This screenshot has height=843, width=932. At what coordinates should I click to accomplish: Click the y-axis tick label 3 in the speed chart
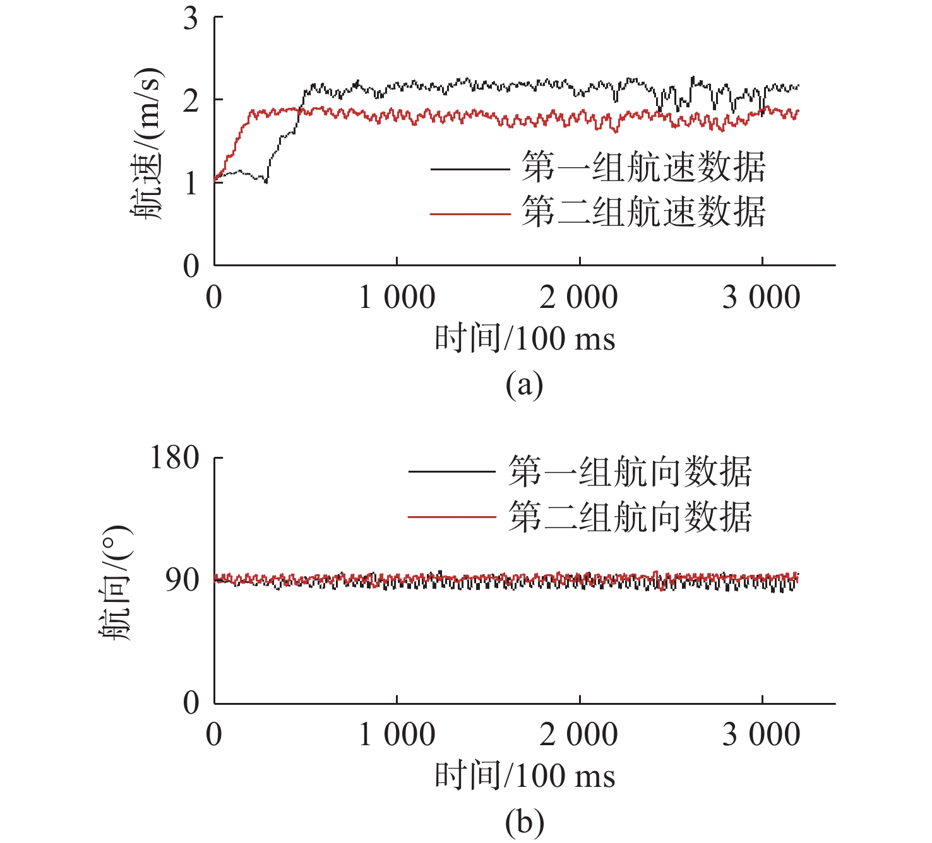pyautogui.click(x=191, y=19)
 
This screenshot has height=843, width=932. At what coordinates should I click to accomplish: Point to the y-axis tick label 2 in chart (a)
pyautogui.click(x=191, y=100)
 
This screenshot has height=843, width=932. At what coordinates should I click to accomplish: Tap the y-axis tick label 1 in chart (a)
pyautogui.click(x=191, y=183)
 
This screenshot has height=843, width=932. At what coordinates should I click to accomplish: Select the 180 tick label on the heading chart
pyautogui.click(x=174, y=457)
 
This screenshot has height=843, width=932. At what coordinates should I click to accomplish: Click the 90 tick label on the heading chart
pyautogui.click(x=182, y=580)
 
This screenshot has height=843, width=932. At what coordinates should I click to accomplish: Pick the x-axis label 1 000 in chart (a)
pyautogui.click(x=397, y=297)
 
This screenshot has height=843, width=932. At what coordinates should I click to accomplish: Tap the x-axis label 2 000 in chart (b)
pyautogui.click(x=578, y=734)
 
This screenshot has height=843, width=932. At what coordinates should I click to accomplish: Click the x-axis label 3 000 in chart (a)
pyautogui.click(x=761, y=297)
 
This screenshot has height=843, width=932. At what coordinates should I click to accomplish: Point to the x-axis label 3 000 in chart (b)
pyautogui.click(x=761, y=734)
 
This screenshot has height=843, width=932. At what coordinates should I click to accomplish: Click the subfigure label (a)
pyautogui.click(x=524, y=384)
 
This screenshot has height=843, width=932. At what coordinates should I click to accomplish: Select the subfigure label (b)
pyautogui.click(x=524, y=822)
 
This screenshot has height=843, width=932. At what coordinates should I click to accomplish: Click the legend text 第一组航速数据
pyautogui.click(x=643, y=168)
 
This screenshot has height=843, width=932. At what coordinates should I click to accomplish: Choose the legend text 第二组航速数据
pyautogui.click(x=643, y=212)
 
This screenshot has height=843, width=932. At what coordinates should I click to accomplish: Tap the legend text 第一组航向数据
pyautogui.click(x=630, y=471)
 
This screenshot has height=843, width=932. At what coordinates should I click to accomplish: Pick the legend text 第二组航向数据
pyautogui.click(x=630, y=517)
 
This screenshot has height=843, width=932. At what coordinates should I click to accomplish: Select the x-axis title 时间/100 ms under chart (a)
pyautogui.click(x=524, y=338)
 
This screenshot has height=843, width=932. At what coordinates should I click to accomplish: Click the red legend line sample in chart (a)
pyautogui.click(x=470, y=215)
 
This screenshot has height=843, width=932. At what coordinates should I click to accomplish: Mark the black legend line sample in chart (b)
pyautogui.click(x=451, y=471)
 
